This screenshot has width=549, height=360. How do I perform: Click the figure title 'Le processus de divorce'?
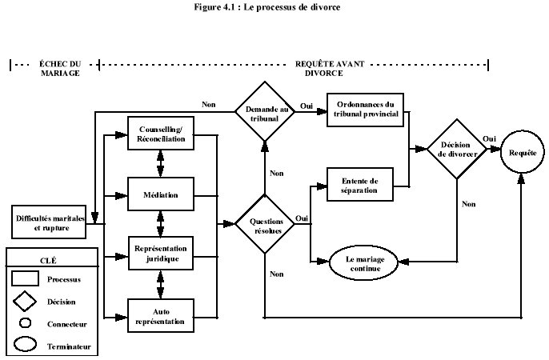click(x=274, y=7)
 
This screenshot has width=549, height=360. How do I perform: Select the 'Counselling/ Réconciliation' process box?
click(x=162, y=134)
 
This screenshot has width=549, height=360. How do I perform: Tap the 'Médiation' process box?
click(x=162, y=194)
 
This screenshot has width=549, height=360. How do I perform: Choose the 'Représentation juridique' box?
click(x=162, y=254)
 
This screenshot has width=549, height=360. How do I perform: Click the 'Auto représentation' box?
click(x=162, y=315)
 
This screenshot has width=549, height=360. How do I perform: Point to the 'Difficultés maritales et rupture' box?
click(x=46, y=220)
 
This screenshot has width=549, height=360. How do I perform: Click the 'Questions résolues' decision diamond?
click(x=264, y=224)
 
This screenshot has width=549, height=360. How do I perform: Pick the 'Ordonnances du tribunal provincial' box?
click(x=365, y=109)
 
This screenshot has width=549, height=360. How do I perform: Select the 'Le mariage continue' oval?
click(x=365, y=264)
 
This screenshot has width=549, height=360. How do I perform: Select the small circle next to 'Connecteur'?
click(x=26, y=323)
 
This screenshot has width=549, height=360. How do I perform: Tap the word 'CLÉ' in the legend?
click(x=50, y=259)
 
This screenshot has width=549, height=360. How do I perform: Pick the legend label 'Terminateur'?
click(x=68, y=346)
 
